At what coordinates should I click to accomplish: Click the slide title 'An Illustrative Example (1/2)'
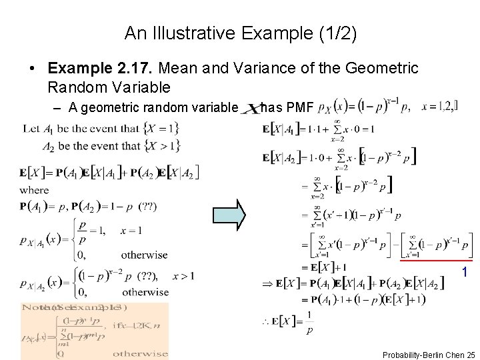(x=240, y=33)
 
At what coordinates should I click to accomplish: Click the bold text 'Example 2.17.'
(x=88, y=68)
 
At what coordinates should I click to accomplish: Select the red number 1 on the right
(x=465, y=273)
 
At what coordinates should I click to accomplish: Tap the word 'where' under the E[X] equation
(x=34, y=189)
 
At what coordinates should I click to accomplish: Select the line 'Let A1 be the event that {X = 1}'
(x=100, y=128)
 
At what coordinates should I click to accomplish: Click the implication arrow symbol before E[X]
(x=266, y=283)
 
